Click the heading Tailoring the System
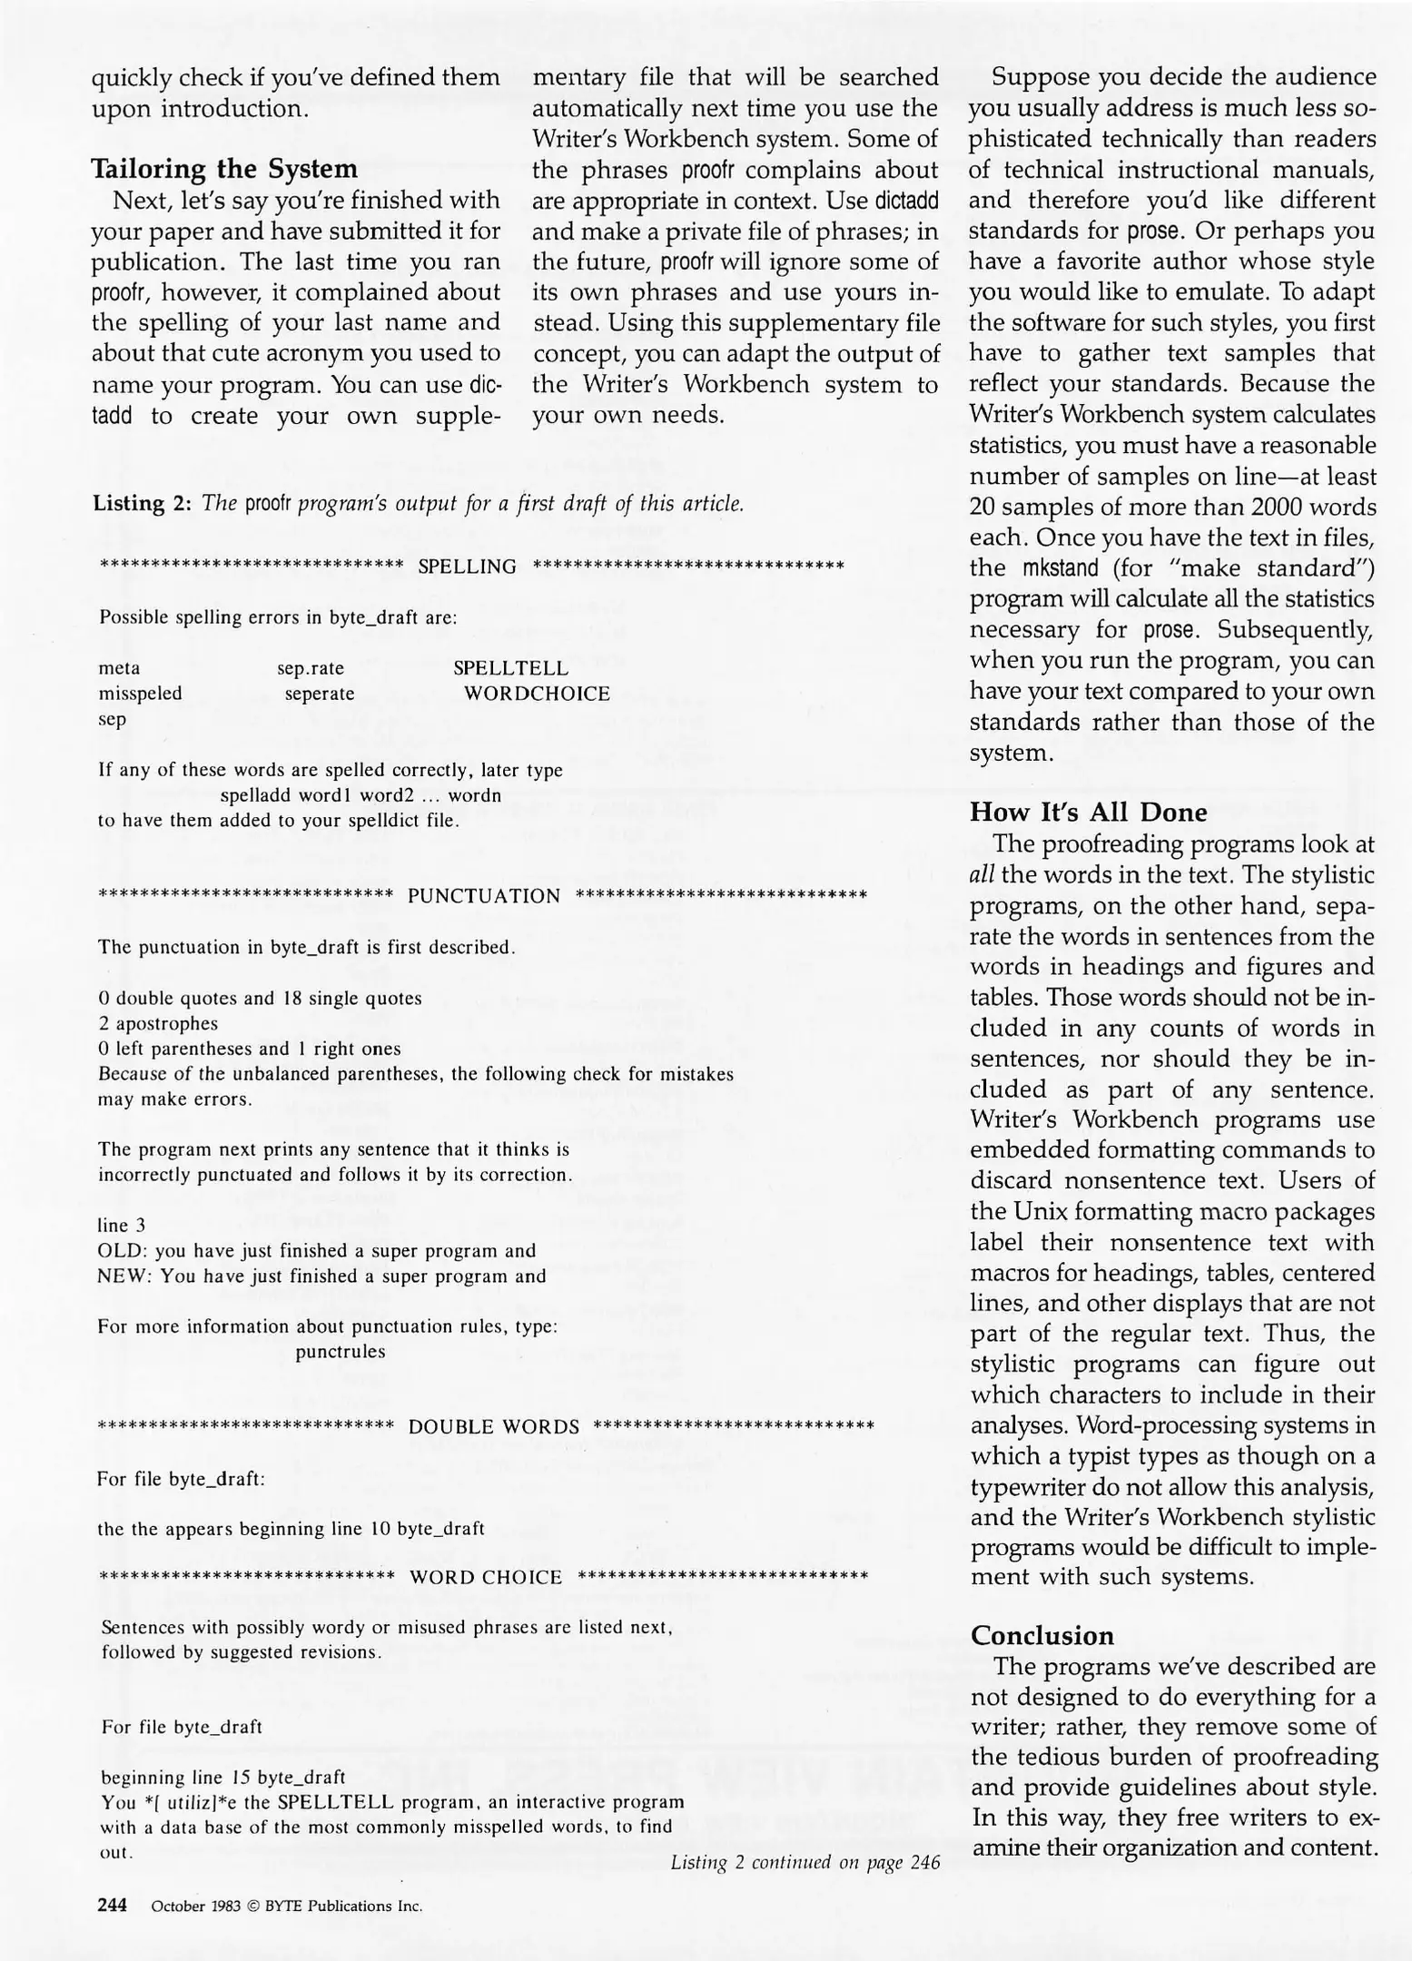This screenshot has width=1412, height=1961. tap(224, 169)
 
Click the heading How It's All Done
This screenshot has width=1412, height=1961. tap(1088, 812)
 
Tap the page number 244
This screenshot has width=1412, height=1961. tap(112, 1905)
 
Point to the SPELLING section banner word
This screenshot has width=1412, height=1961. tap(467, 567)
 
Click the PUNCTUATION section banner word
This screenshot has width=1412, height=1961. tap(484, 897)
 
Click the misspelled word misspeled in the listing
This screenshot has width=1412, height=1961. tap(140, 694)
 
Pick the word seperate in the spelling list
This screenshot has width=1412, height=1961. tap(319, 694)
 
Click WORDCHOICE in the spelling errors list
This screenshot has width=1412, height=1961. tap(536, 694)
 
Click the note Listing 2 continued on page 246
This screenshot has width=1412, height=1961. tap(805, 1863)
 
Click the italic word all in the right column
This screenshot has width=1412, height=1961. tap(982, 875)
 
